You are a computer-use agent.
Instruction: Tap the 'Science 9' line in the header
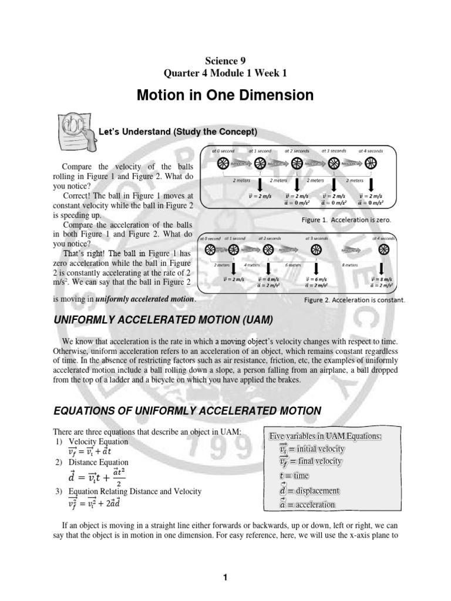coord(225,60)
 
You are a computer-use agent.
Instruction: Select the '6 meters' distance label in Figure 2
coord(291,265)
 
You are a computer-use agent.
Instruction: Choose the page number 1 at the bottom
coord(225,578)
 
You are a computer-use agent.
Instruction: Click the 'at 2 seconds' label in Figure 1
coord(297,151)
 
